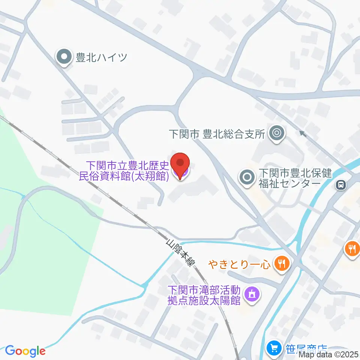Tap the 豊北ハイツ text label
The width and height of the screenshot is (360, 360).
(102, 57)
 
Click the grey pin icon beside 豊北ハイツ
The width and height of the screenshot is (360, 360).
(64, 57)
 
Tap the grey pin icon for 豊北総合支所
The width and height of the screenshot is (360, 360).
(277, 133)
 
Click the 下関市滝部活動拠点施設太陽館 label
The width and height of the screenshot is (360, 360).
(204, 295)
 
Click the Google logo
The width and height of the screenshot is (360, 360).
(25, 351)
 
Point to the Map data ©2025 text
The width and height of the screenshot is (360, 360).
(331, 354)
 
